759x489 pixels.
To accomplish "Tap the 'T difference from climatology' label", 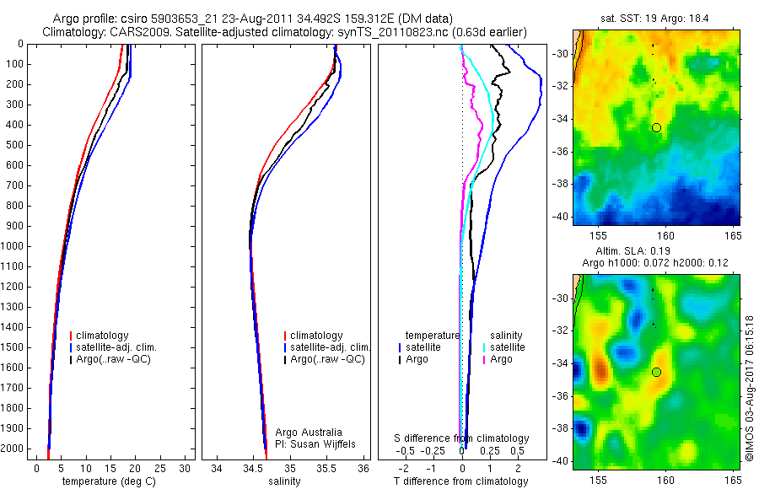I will click(460, 481).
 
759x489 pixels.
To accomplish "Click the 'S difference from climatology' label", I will click(461, 438).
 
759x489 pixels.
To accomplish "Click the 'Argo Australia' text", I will click(309, 432).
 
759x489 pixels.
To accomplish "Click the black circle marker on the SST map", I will click(657, 127).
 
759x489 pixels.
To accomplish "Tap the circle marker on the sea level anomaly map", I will click(657, 372).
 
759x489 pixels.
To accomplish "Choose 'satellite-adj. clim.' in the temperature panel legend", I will click(117, 347).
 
